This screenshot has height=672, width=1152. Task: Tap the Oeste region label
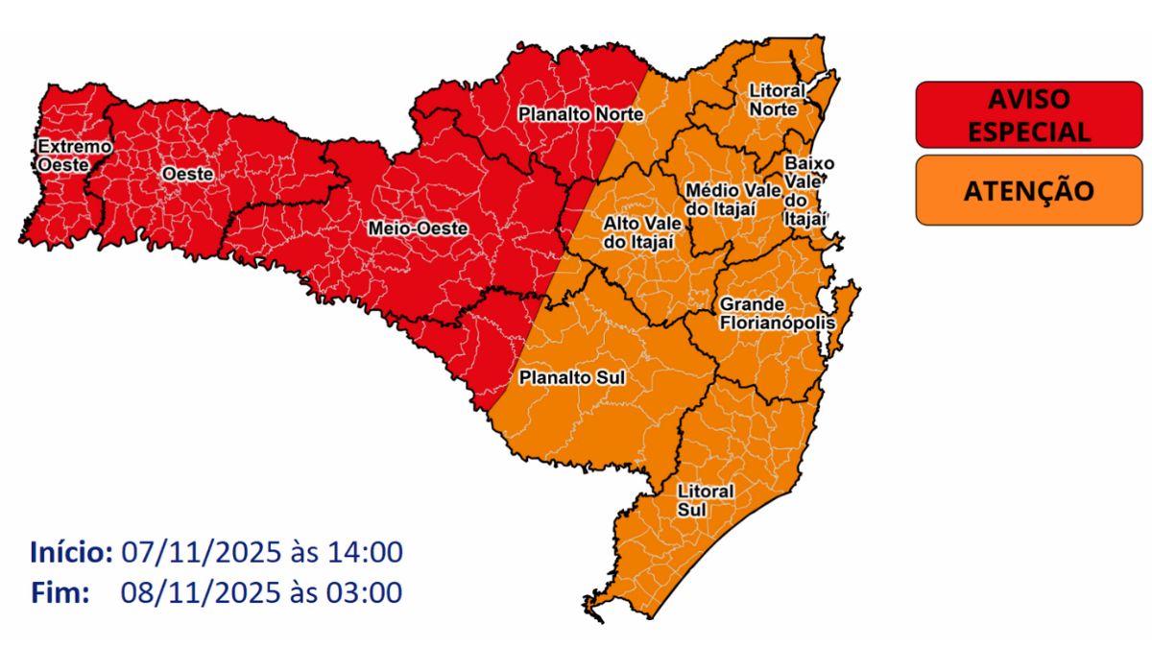(x=187, y=174)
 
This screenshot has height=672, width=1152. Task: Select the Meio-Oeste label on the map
(x=418, y=228)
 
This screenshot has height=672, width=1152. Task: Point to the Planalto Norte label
(x=581, y=114)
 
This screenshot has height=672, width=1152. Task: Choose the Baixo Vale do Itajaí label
(x=804, y=191)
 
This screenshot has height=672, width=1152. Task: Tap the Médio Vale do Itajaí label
(x=721, y=200)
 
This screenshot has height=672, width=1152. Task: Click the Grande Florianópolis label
(x=777, y=313)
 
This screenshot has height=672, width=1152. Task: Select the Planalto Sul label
(x=571, y=378)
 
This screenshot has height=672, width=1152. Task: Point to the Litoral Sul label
(x=705, y=499)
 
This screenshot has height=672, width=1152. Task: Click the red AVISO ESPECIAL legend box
(x=1028, y=114)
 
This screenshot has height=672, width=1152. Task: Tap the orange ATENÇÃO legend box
(x=1028, y=190)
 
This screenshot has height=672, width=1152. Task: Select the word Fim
(x=60, y=592)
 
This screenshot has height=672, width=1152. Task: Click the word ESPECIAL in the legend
(x=1028, y=132)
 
